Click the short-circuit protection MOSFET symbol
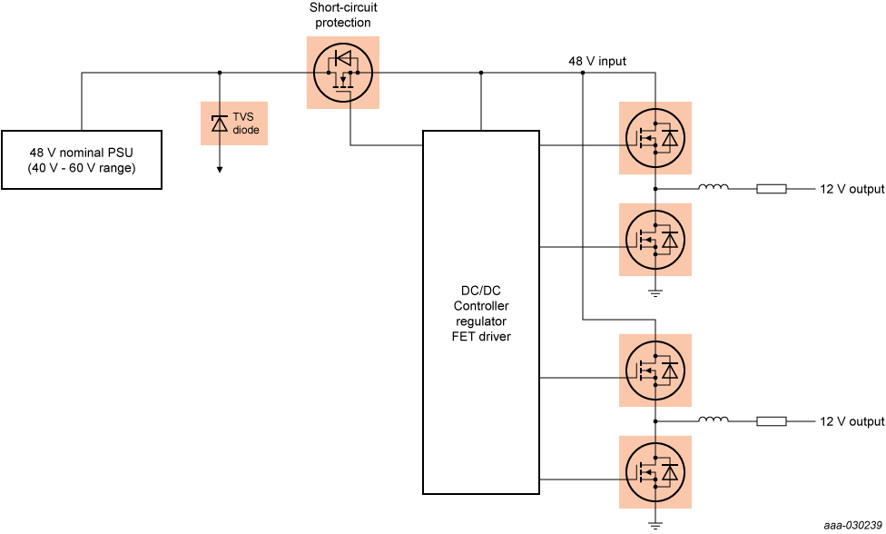click(342, 73)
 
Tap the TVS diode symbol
click(219, 124)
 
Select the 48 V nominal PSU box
click(82, 160)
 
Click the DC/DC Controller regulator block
click(480, 311)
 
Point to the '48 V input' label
click(596, 62)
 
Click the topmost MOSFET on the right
click(655, 138)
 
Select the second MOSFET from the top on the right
click(655, 240)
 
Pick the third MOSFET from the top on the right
click(655, 371)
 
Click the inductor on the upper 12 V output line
click(713, 188)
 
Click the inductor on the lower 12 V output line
click(713, 420)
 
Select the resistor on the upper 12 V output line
click(772, 189)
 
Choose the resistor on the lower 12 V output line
click(772, 421)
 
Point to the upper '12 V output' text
click(852, 189)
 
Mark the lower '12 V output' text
click(852, 421)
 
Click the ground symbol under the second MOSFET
click(655, 292)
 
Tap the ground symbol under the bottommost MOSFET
click(655, 524)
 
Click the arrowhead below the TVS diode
click(219, 168)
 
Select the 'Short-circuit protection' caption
click(342, 15)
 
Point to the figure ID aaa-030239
click(852, 526)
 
